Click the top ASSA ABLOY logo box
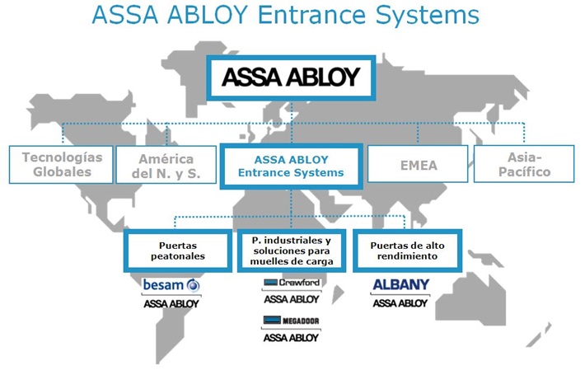click(x=292, y=78)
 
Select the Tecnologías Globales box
click(x=62, y=164)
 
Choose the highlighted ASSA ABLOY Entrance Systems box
click(x=291, y=165)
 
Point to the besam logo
click(x=171, y=285)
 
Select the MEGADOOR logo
click(x=291, y=321)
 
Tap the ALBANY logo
click(x=400, y=285)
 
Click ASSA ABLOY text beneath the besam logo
click(x=171, y=304)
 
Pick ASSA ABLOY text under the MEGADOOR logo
click(x=291, y=337)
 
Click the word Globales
click(x=62, y=172)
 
